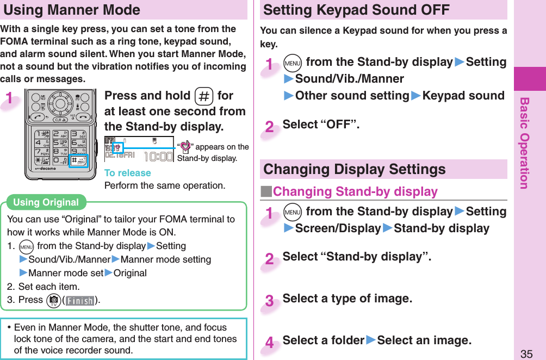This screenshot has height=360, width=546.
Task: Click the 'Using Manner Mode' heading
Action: (72, 10)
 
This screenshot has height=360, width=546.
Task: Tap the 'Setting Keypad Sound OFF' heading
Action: (356, 10)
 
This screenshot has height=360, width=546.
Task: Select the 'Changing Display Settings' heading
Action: (354, 169)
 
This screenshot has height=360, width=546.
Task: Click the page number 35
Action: (526, 354)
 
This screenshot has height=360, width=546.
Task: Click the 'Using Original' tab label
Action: (46, 202)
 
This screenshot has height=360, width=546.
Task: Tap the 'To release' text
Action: (127, 173)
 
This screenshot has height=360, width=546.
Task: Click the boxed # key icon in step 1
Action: (203, 96)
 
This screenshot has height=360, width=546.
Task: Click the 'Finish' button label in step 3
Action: (79, 300)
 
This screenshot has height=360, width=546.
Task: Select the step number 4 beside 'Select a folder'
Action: (270, 343)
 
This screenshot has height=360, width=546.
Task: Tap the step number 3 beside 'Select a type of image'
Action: (270, 301)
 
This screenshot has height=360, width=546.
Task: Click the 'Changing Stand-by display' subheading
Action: (355, 191)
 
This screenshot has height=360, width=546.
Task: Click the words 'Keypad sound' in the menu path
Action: (463, 96)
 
